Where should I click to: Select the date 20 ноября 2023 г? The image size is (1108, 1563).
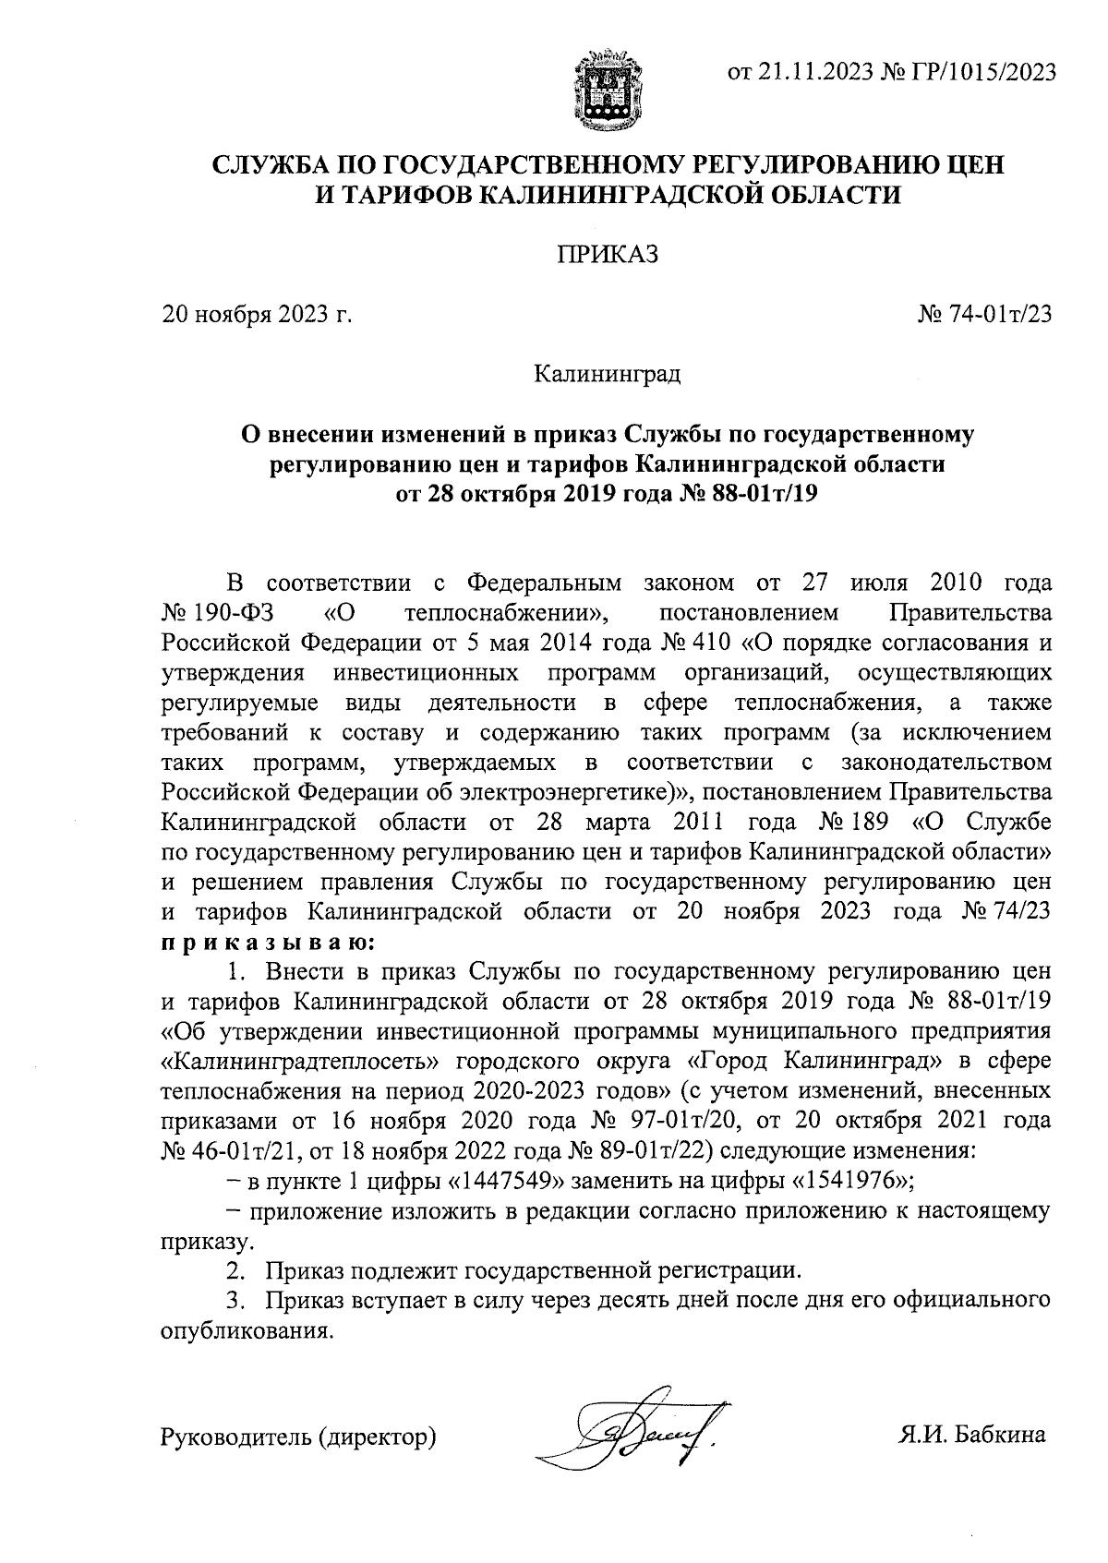pyautogui.click(x=259, y=315)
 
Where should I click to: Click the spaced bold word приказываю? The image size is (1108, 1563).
pyautogui.click(x=267, y=943)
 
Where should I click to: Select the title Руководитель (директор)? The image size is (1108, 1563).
pyautogui.click(x=298, y=1437)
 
